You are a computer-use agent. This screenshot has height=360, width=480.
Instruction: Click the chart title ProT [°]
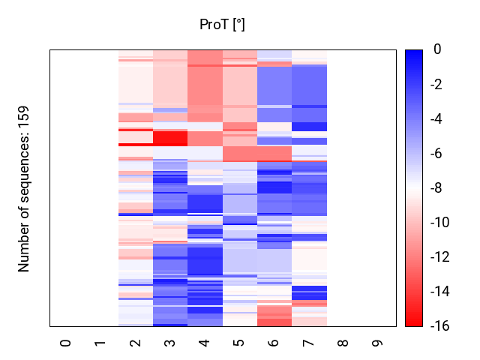point(222,25)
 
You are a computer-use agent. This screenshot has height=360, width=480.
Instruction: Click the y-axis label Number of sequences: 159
point(24,188)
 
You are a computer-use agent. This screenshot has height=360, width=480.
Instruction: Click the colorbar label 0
point(436,49)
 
